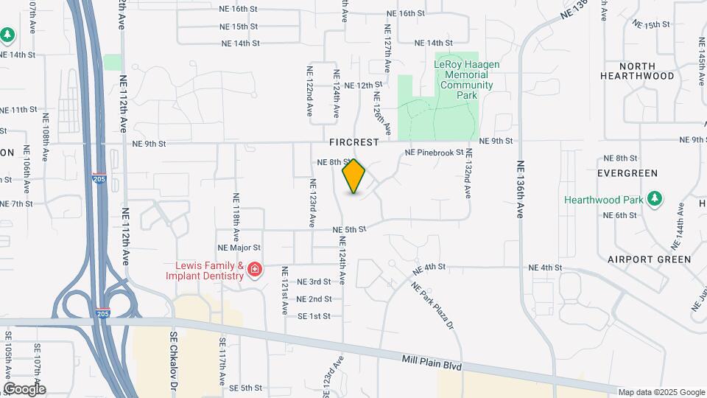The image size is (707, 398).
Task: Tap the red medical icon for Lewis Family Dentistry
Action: [255, 270]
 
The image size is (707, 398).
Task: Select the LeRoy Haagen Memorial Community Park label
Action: [467, 80]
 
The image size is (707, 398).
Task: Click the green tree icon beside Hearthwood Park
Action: [654, 200]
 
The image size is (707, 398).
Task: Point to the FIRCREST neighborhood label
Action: [354, 142]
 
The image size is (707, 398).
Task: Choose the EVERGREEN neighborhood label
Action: [627, 173]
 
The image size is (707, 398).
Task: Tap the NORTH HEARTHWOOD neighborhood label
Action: [637, 71]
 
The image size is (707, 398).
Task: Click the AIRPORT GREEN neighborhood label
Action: [650, 259]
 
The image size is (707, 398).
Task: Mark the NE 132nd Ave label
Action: [467, 179]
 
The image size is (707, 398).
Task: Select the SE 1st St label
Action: [314, 316]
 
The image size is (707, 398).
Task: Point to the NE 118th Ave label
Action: [237, 214]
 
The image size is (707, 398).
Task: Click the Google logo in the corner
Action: [24, 388]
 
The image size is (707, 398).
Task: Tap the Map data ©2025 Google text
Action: [661, 392]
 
